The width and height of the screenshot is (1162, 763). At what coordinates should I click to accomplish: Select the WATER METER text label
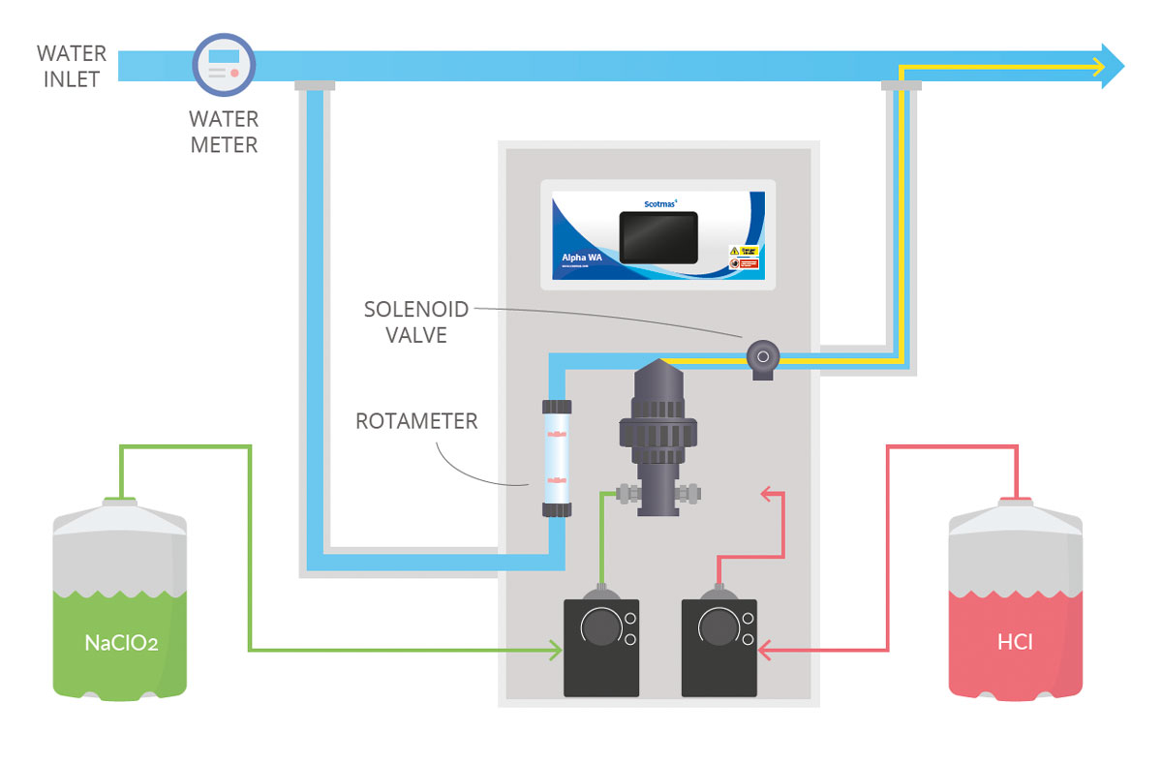point(224,133)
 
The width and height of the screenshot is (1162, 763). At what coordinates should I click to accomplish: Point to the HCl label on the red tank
point(1014,642)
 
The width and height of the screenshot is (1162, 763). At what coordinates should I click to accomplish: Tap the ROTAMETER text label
point(417,422)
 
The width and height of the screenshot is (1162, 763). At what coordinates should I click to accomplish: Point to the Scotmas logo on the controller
point(663,203)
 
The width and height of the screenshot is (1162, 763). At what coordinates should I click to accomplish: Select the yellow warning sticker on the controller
point(742,251)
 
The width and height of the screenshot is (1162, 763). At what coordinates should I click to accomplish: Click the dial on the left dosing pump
point(600,628)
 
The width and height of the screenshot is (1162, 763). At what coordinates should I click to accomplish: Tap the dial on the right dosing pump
point(718,628)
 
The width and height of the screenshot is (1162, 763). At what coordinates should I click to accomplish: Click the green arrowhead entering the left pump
point(556,650)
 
